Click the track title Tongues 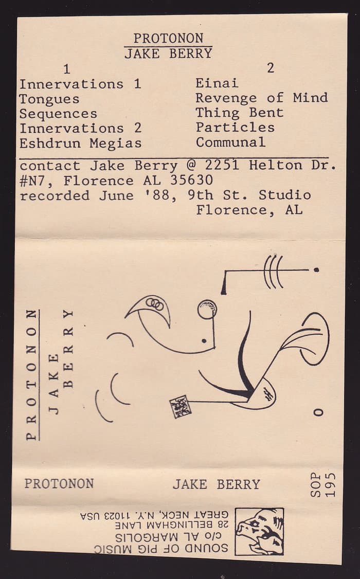click(x=49, y=99)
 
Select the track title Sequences click(x=58, y=114)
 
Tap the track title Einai click(x=217, y=83)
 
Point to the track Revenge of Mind click(x=261, y=98)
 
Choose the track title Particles click(x=235, y=128)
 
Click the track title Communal click(x=230, y=142)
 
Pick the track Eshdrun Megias click(x=81, y=143)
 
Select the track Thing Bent click(x=240, y=113)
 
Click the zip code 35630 click(x=191, y=180)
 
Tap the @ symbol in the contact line click(x=191, y=165)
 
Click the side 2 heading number click(x=271, y=68)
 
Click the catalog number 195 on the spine click(x=330, y=484)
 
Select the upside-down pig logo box click(x=259, y=531)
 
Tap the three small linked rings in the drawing click(x=155, y=304)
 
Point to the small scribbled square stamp click(x=180, y=406)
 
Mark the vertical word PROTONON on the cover click(x=32, y=375)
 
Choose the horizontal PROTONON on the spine click(x=59, y=484)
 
